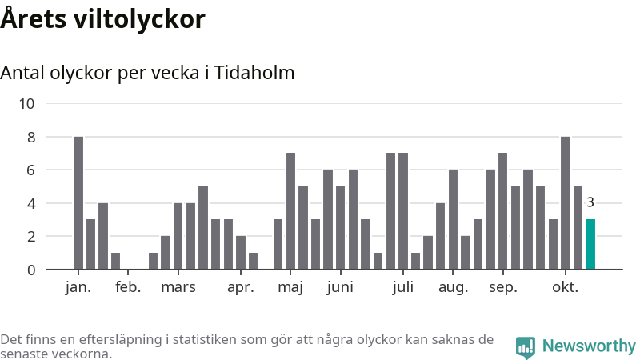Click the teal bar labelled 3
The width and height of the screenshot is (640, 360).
tap(590, 244)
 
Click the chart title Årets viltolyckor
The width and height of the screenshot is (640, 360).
tap(103, 19)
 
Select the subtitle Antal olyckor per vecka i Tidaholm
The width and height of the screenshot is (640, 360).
tap(147, 73)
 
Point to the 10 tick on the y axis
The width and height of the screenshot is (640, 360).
tap(27, 103)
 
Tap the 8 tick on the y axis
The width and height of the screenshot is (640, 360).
tap(31, 137)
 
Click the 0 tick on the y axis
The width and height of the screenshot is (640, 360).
tap(31, 270)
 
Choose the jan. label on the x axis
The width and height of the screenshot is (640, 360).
tap(78, 288)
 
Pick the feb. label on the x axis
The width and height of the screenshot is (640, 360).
tap(128, 288)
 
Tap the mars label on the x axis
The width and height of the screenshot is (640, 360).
tap(178, 288)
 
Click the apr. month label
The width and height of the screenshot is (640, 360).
tap(240, 288)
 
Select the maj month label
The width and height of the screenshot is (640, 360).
tap(290, 288)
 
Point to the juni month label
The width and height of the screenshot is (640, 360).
tap(340, 288)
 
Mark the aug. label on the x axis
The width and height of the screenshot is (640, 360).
tap(453, 288)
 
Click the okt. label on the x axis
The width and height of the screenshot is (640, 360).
tap(565, 288)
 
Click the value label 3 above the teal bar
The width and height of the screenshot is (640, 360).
tap(590, 202)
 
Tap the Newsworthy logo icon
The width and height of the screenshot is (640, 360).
tap(526, 346)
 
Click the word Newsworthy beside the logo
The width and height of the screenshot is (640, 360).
tap(589, 346)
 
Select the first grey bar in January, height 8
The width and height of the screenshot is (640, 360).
tap(78, 203)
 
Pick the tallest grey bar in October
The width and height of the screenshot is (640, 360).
tap(566, 203)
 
